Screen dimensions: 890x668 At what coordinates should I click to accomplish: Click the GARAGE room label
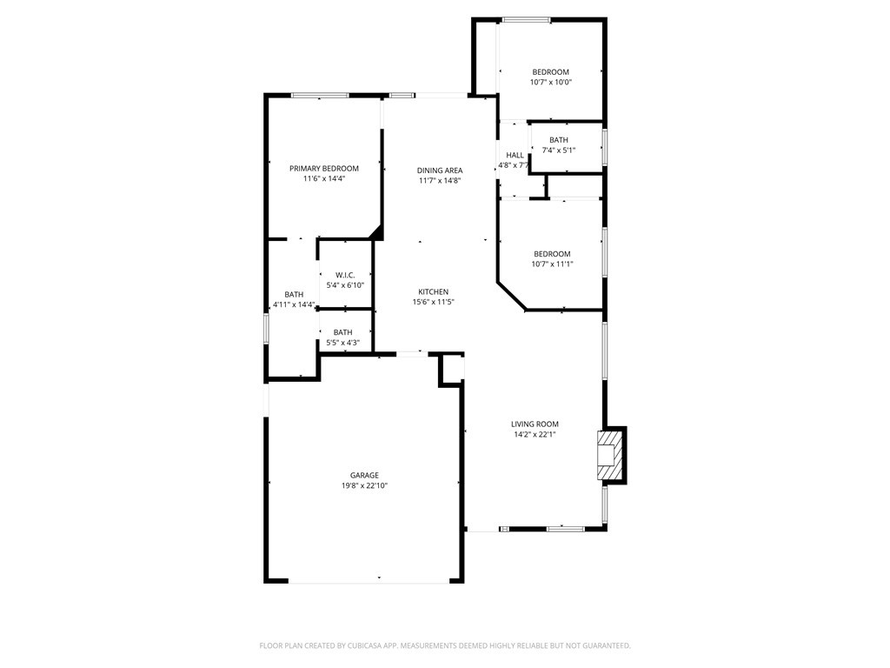(364, 476)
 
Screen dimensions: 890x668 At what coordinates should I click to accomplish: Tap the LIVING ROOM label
(535, 424)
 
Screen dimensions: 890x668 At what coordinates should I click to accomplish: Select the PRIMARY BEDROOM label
(324, 168)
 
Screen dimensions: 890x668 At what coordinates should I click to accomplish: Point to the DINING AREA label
(440, 170)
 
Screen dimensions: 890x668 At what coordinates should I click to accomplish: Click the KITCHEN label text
(434, 292)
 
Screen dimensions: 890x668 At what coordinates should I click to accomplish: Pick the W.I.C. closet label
(345, 275)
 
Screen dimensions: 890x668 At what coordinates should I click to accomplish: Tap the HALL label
(515, 155)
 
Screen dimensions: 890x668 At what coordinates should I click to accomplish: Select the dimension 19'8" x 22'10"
(364, 485)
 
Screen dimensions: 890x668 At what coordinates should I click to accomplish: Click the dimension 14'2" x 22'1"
(535, 435)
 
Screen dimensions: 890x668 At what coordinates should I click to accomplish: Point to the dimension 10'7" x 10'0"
(550, 83)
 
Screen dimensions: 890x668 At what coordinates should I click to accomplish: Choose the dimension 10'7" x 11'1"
(552, 264)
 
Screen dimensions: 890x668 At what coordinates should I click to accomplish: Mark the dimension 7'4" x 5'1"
(559, 150)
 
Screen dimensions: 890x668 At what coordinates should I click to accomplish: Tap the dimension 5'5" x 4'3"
(342, 343)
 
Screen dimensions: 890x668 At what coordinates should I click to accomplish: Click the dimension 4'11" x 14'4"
(294, 304)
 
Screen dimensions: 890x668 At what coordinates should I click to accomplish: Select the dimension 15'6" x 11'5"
(434, 302)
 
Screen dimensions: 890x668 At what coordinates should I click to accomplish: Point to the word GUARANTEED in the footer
(608, 646)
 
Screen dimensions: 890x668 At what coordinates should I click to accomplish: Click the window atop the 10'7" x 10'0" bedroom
(526, 21)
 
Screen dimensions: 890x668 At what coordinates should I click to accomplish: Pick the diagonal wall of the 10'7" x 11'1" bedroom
(512, 296)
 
